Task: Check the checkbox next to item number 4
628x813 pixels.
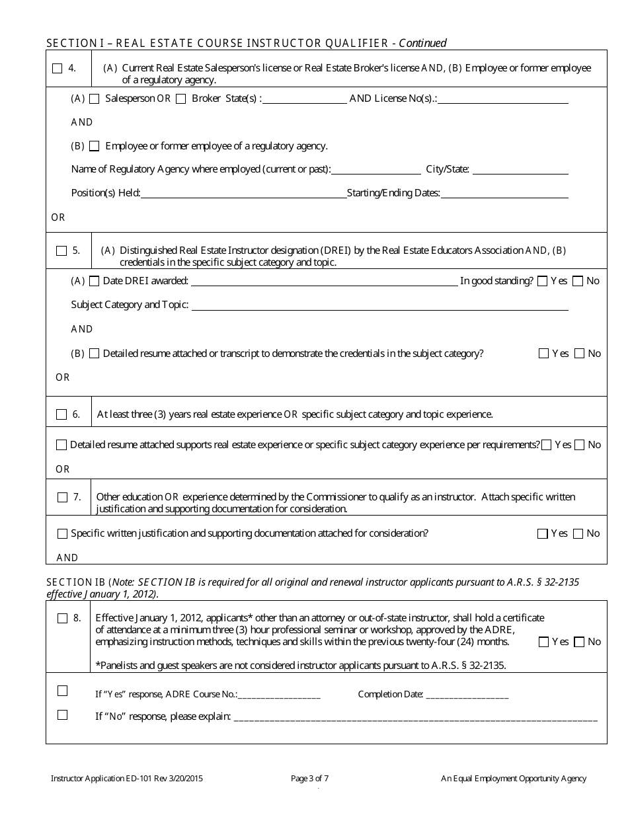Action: click(57, 68)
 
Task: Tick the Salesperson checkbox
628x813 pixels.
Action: click(94, 98)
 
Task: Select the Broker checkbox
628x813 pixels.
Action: click(180, 98)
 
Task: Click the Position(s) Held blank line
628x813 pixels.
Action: click(243, 194)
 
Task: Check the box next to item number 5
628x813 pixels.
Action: click(61, 251)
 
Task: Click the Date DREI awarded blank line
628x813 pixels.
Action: click(324, 282)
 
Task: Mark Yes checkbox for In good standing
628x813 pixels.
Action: click(543, 281)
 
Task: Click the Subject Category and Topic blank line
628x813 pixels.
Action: click(379, 305)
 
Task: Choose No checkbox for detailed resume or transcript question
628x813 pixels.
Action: click(579, 354)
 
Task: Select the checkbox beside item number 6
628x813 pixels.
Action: click(61, 414)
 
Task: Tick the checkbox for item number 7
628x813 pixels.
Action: click(62, 497)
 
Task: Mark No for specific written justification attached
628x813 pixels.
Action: click(578, 533)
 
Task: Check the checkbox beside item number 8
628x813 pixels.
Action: click(62, 619)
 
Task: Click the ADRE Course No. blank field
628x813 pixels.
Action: click(278, 695)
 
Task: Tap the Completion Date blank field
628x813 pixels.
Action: click(467, 695)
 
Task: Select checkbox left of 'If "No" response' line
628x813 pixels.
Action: click(62, 715)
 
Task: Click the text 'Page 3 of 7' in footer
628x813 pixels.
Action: click(309, 779)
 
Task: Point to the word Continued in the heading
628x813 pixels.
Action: click(422, 43)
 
